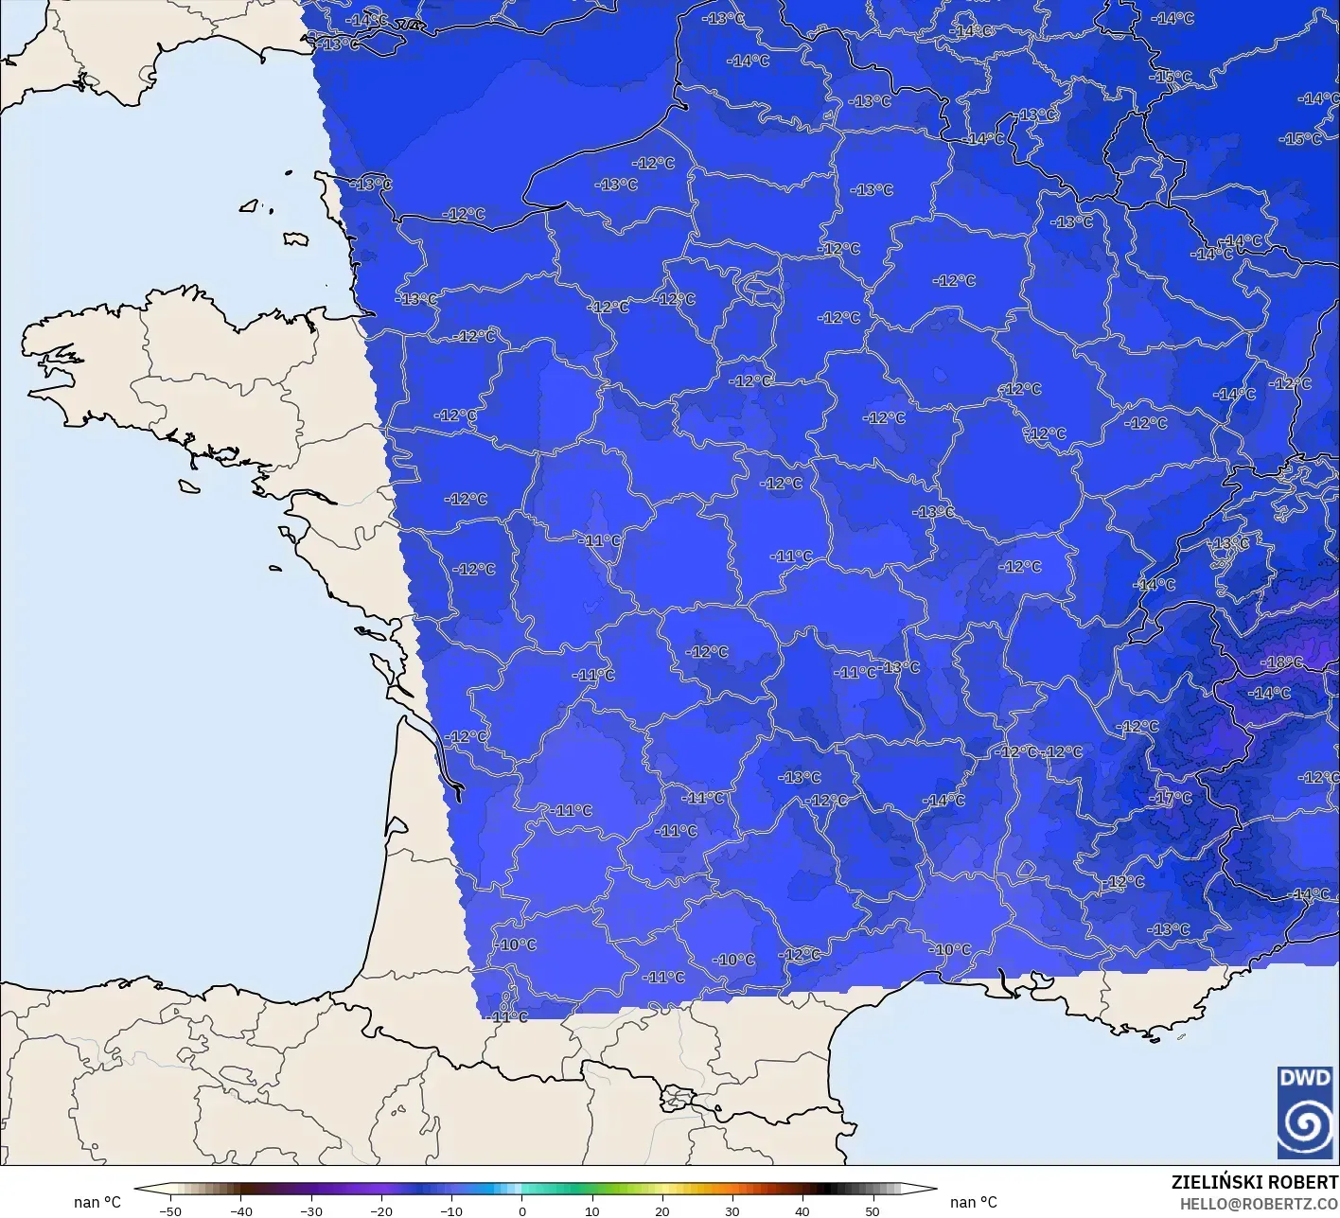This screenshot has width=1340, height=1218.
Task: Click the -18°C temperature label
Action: [1283, 662]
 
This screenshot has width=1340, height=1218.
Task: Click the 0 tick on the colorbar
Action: [521, 1210]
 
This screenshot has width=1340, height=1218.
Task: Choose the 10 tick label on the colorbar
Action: [591, 1210]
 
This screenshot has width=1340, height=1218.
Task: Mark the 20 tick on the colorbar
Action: [661, 1210]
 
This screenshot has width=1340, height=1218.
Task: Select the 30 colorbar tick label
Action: [732, 1210]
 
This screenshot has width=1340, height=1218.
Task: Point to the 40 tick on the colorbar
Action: [802, 1210]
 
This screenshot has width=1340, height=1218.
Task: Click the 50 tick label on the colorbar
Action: [872, 1210]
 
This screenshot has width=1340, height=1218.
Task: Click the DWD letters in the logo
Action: [1305, 1078]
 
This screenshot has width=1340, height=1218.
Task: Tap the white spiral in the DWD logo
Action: [1305, 1126]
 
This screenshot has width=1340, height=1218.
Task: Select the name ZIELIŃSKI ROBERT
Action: [1255, 1182]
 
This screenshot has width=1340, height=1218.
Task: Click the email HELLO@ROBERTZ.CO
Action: [1260, 1203]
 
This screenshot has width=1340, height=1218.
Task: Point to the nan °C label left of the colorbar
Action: [97, 1202]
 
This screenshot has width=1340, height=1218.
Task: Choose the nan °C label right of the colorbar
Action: [973, 1202]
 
